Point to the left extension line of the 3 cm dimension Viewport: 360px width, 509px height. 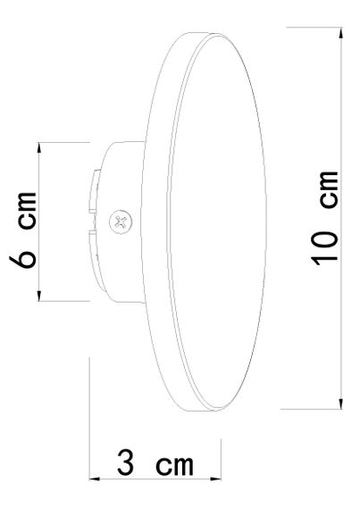click(x=90, y=420)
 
